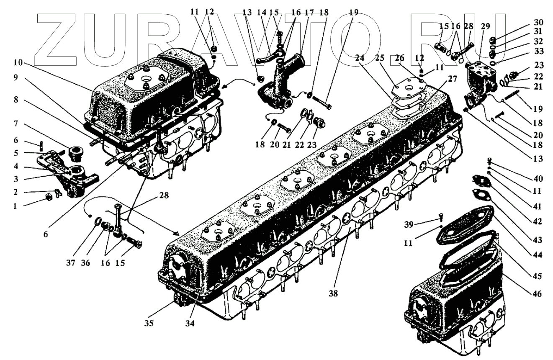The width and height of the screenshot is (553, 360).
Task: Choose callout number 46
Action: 538,294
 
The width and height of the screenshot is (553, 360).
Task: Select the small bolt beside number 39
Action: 441,217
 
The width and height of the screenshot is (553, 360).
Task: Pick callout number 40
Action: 538,179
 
